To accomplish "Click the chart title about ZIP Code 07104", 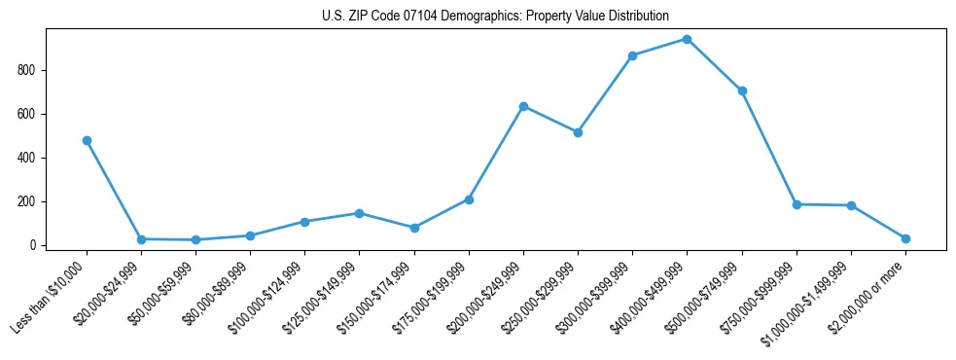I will pyautogui.click(x=495, y=16).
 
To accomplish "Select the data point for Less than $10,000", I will pyautogui.click(x=87, y=140).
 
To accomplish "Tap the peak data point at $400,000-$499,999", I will pyautogui.click(x=688, y=39).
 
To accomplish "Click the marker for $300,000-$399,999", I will pyautogui.click(x=633, y=55).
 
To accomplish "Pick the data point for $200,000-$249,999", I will pyautogui.click(x=523, y=106).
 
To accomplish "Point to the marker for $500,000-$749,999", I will pyautogui.click(x=742, y=90).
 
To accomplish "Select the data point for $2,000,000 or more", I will pyautogui.click(x=905, y=238).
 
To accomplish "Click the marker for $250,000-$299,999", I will pyautogui.click(x=578, y=132).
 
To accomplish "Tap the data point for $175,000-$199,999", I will pyautogui.click(x=469, y=199).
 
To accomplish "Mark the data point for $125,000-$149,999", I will pyautogui.click(x=360, y=213).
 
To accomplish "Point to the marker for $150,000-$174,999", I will pyautogui.click(x=414, y=228).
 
